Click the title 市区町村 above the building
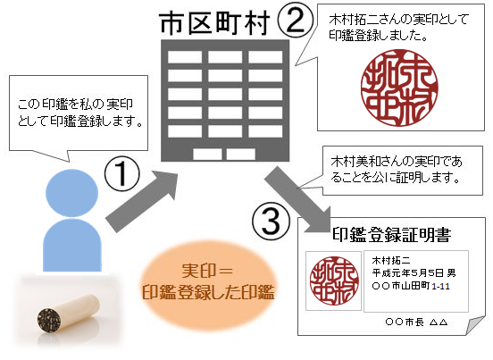pos(215,23)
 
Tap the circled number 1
pos(122,174)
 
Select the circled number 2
pos(296,21)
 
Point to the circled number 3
pos(271,221)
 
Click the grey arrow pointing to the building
pos(142,201)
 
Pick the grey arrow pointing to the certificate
pos(297,200)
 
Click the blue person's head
pos(71,193)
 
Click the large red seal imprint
pos(399,88)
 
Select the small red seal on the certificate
pos(334,280)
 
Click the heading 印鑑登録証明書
pos(392,234)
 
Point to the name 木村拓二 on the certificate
pos(391,260)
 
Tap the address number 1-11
pos(440,286)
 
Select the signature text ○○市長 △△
pos(416,322)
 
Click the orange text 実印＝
pos(207,271)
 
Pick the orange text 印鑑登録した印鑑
pos(208,292)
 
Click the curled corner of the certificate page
pos(474,326)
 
